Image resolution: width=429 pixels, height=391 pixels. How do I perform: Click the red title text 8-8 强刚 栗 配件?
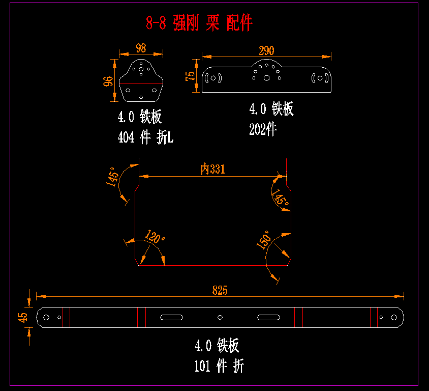199,23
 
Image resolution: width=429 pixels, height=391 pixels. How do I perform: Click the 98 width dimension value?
141,48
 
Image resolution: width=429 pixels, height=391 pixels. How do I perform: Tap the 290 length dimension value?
266,50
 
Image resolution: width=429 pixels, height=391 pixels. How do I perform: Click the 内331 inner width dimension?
212,170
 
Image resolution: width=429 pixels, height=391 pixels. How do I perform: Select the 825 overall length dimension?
220,290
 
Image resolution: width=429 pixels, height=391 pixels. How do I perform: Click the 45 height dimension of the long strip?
23,317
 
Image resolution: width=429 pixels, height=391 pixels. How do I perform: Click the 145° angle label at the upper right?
280,197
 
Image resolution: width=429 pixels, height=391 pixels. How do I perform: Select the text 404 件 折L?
145,137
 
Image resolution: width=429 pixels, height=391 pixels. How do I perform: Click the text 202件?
263,130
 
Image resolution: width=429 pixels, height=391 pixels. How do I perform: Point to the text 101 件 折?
219,366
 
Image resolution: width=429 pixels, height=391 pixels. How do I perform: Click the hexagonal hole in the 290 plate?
266,78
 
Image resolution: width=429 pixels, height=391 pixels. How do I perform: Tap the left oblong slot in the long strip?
172,317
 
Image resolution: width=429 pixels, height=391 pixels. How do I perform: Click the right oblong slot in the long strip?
268,317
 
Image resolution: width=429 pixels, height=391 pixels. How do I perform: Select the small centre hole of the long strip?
220,317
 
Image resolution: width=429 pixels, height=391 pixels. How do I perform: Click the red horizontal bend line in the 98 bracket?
141,83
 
